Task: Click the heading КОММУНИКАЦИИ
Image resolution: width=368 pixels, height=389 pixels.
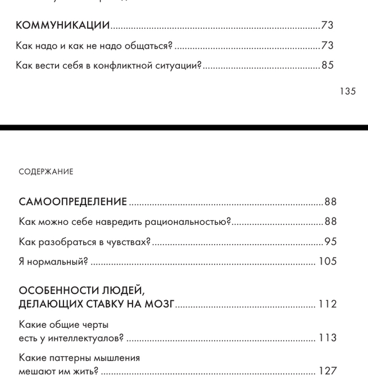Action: (x=62, y=25)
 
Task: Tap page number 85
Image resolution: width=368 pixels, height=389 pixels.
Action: (x=327, y=65)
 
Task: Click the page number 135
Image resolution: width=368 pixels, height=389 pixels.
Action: (x=348, y=91)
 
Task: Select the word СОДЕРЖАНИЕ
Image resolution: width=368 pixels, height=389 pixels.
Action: (x=46, y=172)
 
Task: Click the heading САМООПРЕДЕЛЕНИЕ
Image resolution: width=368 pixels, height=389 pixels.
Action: (x=72, y=202)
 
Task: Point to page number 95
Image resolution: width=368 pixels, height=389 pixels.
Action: (x=331, y=242)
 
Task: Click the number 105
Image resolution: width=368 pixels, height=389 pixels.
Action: (x=327, y=262)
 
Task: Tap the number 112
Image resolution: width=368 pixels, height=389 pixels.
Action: (x=327, y=304)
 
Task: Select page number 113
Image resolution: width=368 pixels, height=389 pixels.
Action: (x=327, y=338)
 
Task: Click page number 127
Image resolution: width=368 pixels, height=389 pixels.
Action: (x=327, y=371)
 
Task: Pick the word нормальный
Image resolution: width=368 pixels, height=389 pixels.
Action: (x=57, y=262)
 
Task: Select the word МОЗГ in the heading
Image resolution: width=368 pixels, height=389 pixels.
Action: (x=159, y=304)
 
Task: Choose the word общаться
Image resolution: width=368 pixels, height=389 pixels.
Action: (x=151, y=45)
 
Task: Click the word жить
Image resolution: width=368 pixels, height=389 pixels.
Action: (x=86, y=371)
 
